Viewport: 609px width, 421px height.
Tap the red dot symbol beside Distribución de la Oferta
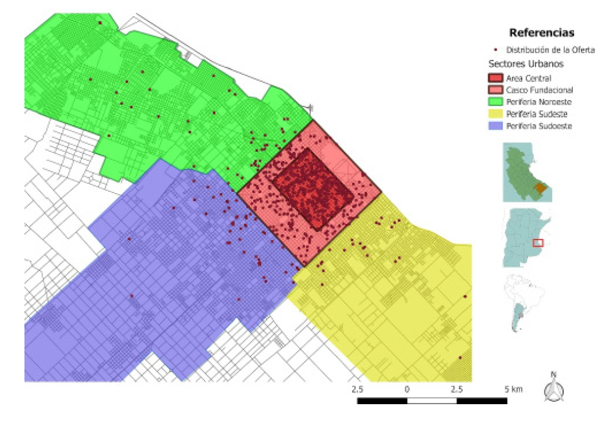pyautogui.click(x=495, y=50)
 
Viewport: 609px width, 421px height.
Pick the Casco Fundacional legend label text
pyautogui.click(x=540, y=90)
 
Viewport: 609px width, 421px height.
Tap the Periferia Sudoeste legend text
pyautogui.click(x=540, y=126)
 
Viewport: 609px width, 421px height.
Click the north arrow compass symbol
pyautogui.click(x=554, y=387)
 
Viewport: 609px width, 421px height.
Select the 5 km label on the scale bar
pyautogui.click(x=513, y=388)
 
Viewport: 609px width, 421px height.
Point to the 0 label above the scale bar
pyautogui.click(x=407, y=388)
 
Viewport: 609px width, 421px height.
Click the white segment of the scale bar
pyautogui.click(x=432, y=401)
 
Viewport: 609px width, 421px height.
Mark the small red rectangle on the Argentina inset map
pyautogui.click(x=538, y=242)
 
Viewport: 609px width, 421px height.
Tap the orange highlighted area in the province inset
pyautogui.click(x=541, y=188)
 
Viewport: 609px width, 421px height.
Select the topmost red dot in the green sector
pyautogui.click(x=100, y=23)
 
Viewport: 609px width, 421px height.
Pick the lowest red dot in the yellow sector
pyautogui.click(x=460, y=358)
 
